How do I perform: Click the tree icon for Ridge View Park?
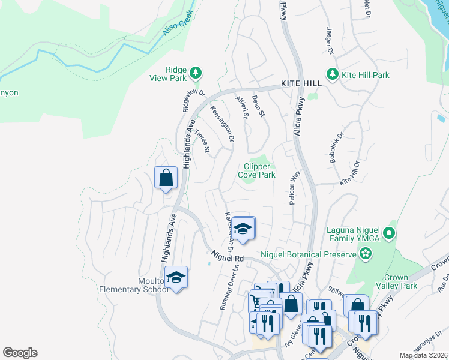point(194,73)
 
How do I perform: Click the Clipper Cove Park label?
point(259,171)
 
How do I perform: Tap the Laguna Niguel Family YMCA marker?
point(389,232)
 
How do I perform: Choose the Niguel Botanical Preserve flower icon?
point(366,254)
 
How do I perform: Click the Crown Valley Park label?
point(399,282)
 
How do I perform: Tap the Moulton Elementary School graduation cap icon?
point(176,277)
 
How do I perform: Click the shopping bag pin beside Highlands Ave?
point(166,178)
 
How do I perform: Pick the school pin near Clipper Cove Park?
point(243,228)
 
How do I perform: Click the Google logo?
point(20,353)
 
